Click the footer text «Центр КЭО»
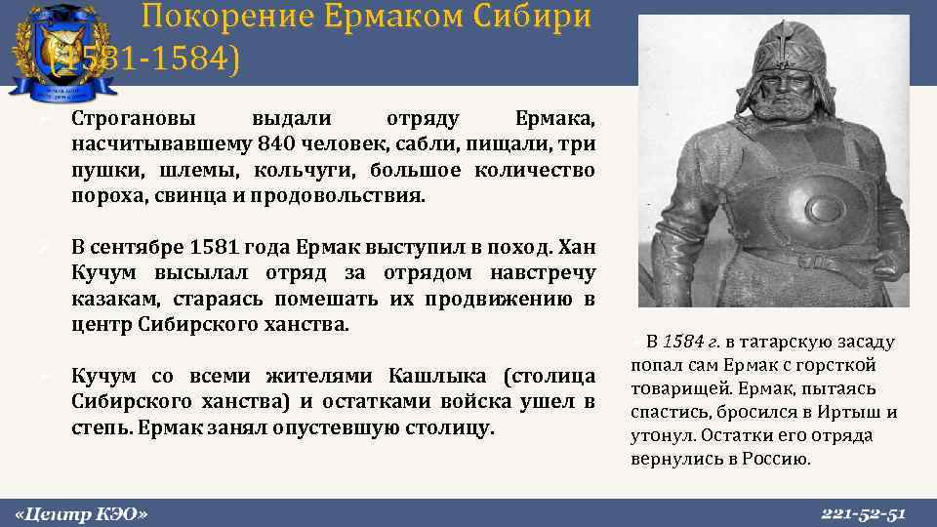[x=82, y=512]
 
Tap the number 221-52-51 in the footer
[x=864, y=512]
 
